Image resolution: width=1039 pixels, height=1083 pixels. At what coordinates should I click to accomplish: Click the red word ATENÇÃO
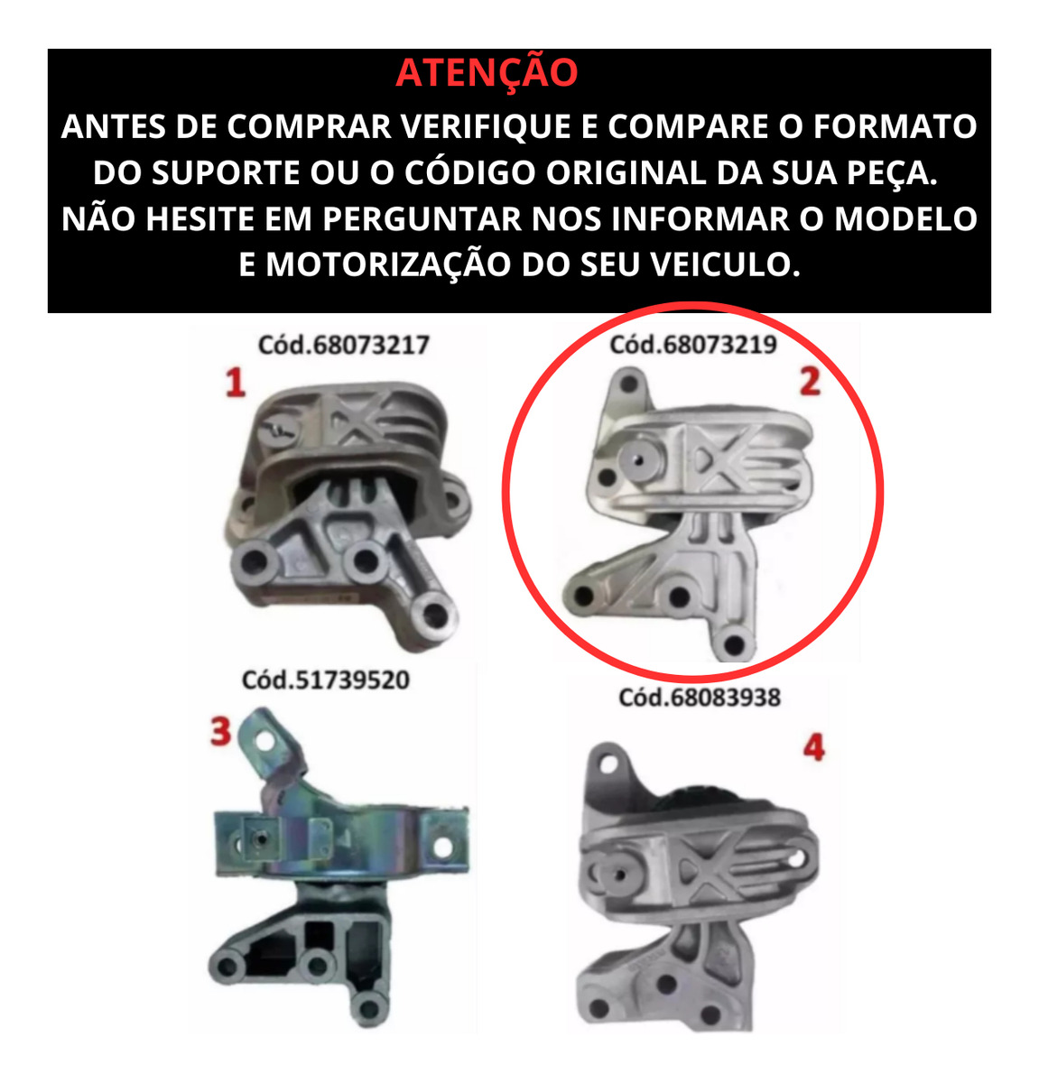click(x=486, y=72)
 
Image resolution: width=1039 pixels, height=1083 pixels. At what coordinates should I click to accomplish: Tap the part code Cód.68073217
click(x=343, y=345)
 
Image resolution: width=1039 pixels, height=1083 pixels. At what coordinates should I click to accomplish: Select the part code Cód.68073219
click(x=693, y=345)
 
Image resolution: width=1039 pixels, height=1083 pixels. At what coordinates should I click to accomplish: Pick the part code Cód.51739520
click(x=326, y=680)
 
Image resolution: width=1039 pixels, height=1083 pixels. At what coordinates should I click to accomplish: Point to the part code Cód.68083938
click(x=700, y=698)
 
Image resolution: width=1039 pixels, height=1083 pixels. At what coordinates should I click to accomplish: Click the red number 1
click(x=235, y=383)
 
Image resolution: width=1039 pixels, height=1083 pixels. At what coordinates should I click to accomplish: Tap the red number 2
click(x=810, y=382)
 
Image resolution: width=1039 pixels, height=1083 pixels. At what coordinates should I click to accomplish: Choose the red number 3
click(x=221, y=731)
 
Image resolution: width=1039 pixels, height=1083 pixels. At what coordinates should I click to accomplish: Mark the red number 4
click(x=813, y=747)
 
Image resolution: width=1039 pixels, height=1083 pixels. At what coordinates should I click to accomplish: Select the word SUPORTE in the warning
click(x=226, y=172)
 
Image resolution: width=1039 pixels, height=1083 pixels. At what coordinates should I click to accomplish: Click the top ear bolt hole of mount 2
click(x=629, y=384)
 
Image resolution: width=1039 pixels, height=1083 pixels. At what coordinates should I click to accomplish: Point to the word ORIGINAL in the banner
click(x=626, y=172)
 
